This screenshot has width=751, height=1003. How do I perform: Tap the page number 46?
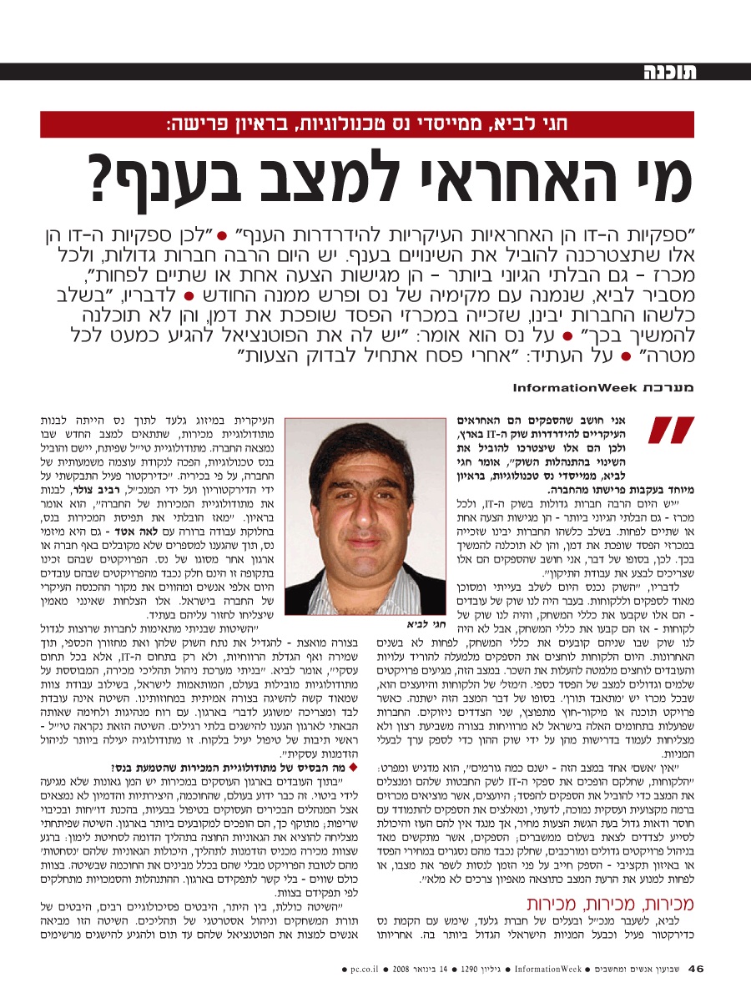coord(696,970)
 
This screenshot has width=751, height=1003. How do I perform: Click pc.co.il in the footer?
coord(364,970)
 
